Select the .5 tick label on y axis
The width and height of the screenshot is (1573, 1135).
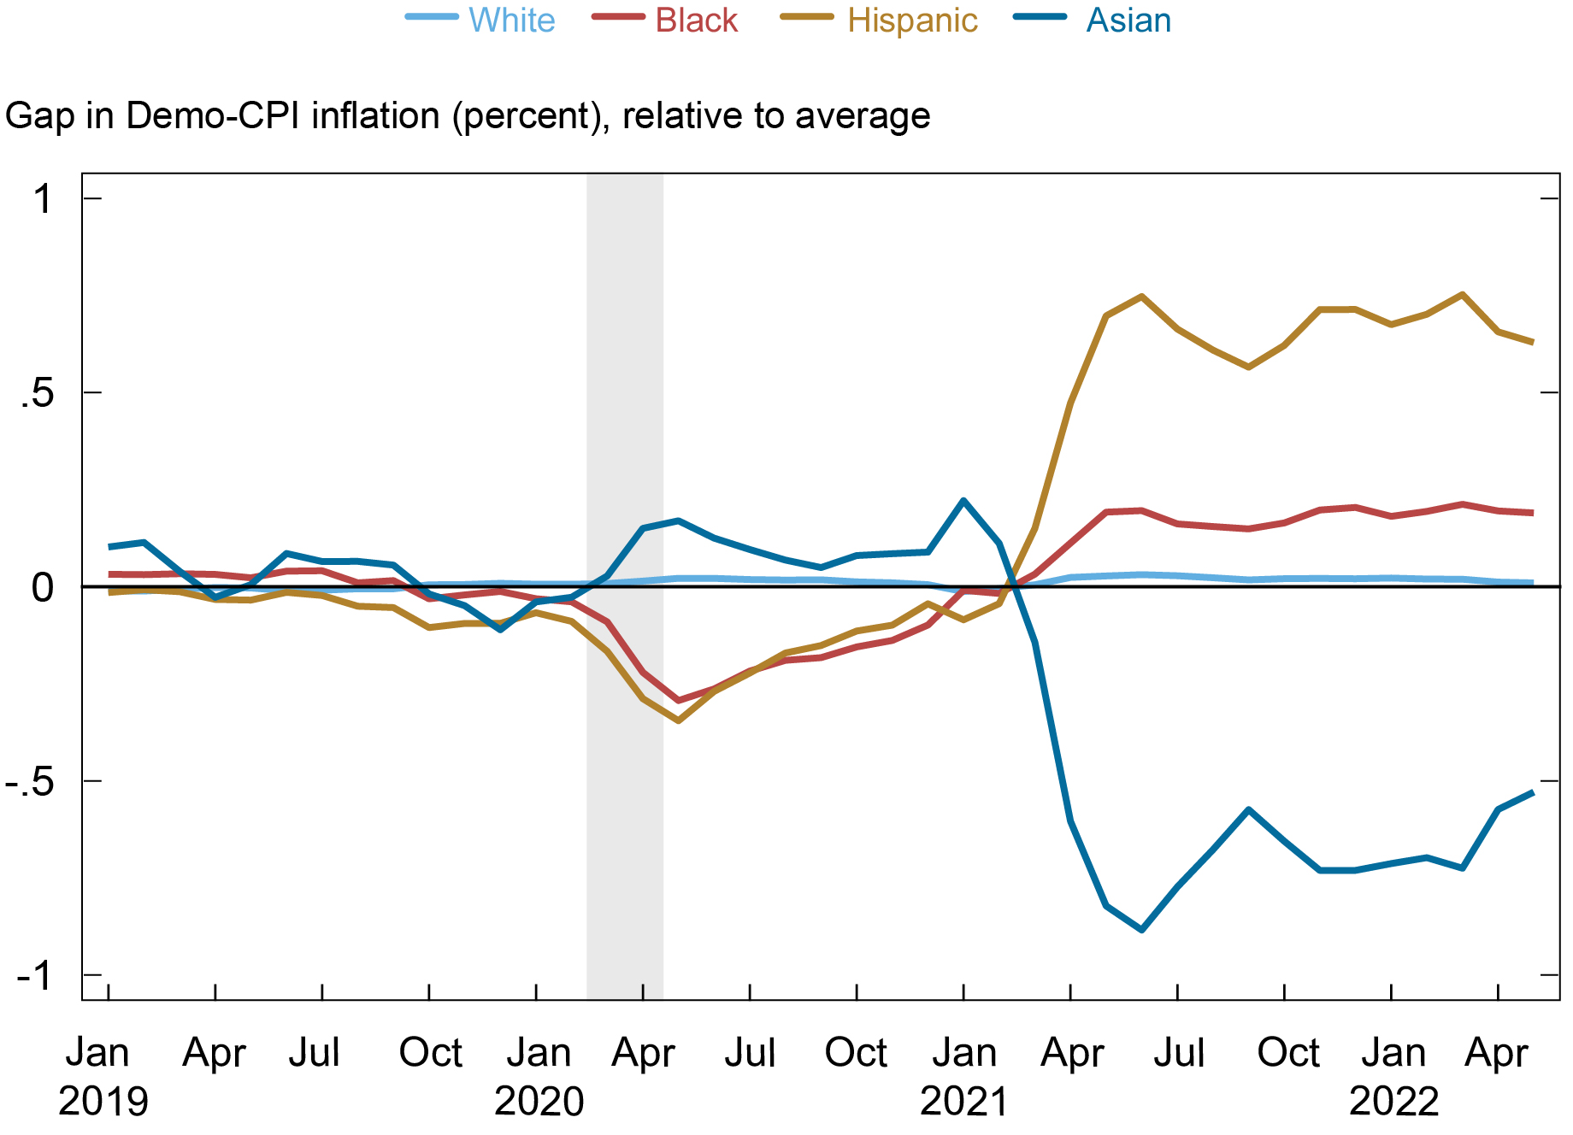pos(37,393)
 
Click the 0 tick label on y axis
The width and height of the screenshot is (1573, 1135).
pos(43,587)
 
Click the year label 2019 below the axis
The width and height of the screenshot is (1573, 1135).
pos(103,1102)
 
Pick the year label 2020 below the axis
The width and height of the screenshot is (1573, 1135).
pos(539,1102)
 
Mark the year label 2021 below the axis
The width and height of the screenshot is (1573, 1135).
pos(964,1102)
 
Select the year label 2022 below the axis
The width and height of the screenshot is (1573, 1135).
pos(1393,1102)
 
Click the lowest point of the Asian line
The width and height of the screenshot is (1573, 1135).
pos(1142,929)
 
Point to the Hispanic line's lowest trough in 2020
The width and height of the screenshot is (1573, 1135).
pos(678,720)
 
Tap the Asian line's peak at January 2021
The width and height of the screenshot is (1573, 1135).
pos(963,501)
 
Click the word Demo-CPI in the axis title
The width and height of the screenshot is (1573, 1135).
pos(217,115)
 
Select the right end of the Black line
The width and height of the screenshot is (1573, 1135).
pos(1532,513)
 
